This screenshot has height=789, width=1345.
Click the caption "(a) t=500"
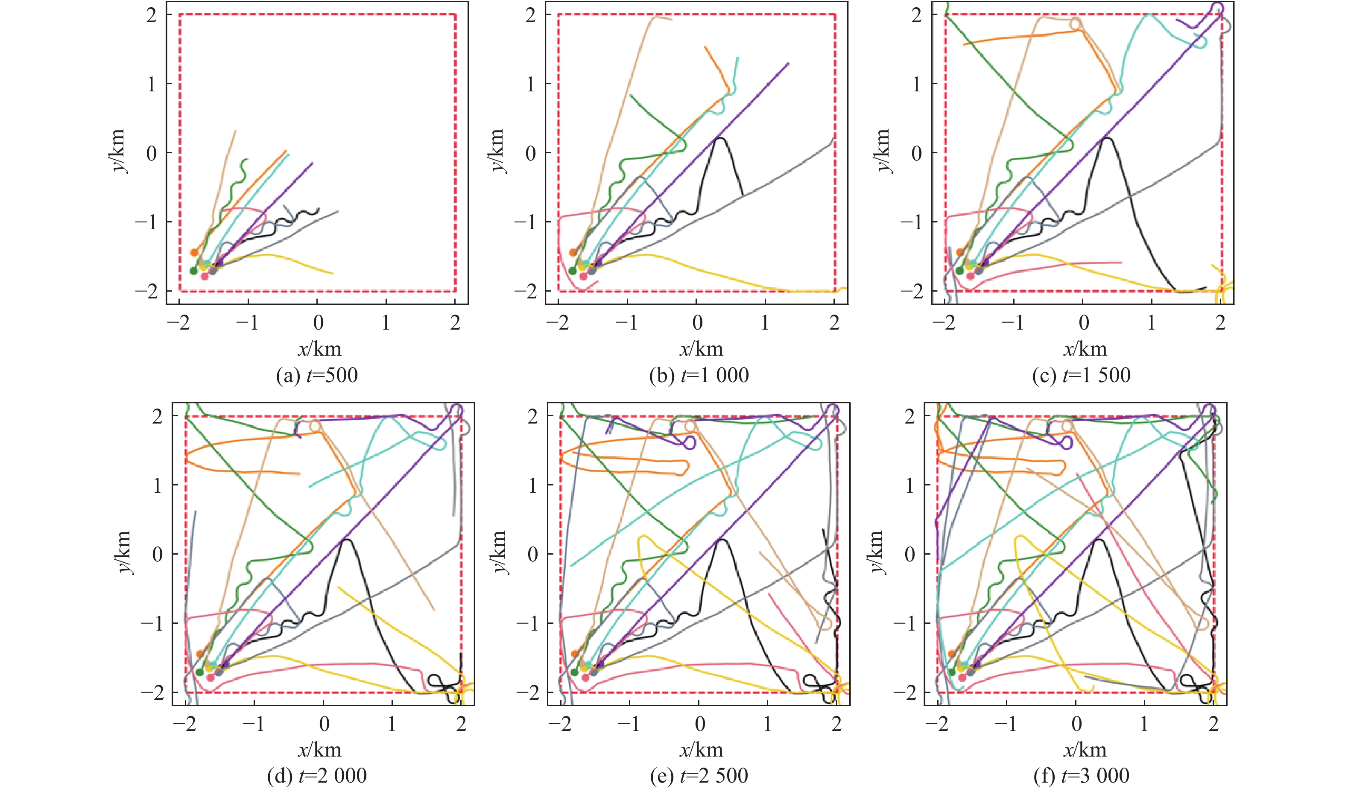click(x=317, y=375)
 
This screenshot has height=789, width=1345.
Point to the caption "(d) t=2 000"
click(x=317, y=775)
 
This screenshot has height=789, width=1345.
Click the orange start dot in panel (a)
click(x=194, y=252)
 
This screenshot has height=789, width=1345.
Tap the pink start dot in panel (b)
click(x=583, y=276)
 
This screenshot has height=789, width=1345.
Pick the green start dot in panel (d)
click(x=200, y=672)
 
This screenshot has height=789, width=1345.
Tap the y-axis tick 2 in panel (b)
click(x=530, y=15)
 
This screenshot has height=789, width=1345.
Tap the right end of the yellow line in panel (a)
click(x=333, y=273)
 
